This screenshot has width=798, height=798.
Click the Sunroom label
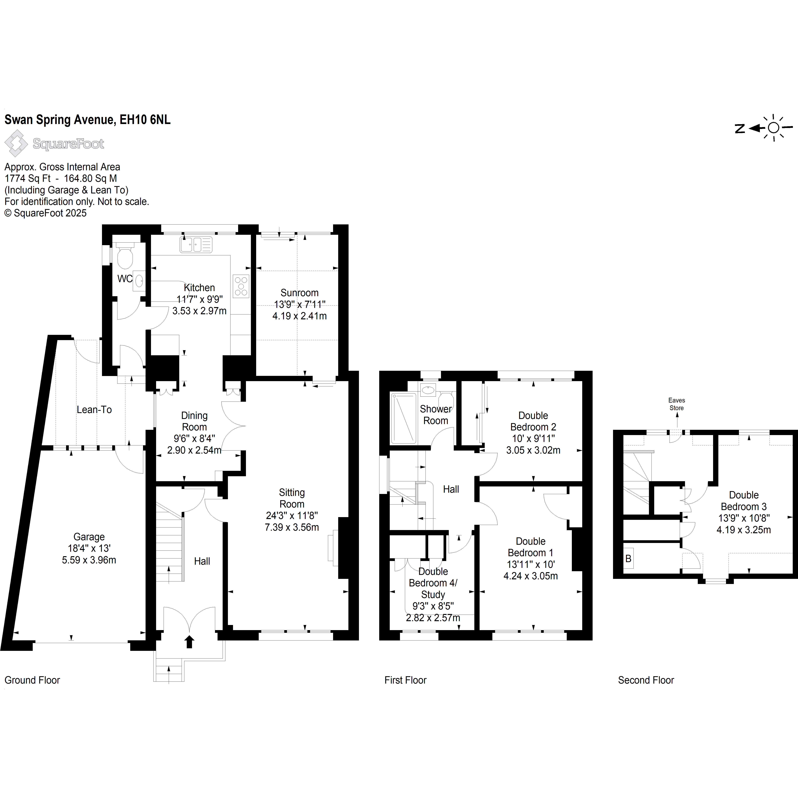(299, 293)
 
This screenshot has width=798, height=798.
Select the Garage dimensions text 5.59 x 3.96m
(89, 560)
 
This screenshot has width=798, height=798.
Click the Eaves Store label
(677, 404)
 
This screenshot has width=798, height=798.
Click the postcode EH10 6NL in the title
(145, 120)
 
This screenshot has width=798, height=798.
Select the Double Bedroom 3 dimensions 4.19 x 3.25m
(743, 530)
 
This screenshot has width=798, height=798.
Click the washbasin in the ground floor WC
(139, 282)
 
